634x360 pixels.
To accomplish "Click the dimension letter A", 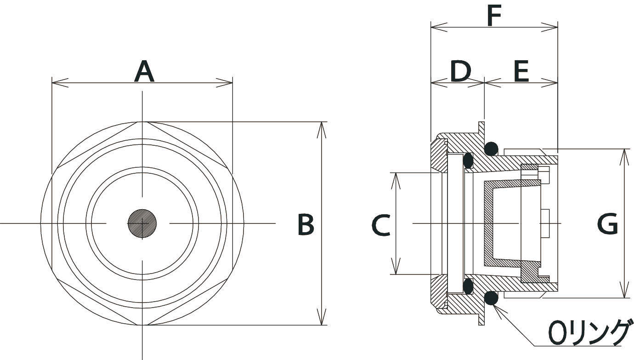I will pyautogui.click(x=144, y=72).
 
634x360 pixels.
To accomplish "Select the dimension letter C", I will pyautogui.click(x=381, y=225).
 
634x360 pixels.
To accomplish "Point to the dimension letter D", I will pyautogui.click(x=460, y=72).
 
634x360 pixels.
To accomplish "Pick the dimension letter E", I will pyautogui.click(x=520, y=72).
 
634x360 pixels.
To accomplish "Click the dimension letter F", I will pyautogui.click(x=494, y=17).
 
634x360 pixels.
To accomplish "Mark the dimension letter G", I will pyautogui.click(x=607, y=225).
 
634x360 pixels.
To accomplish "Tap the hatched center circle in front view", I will pyautogui.click(x=142, y=223).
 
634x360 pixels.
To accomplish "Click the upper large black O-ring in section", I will pyautogui.click(x=491, y=148).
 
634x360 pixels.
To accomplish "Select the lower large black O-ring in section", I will pyautogui.click(x=491, y=298).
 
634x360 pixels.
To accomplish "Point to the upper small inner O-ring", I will pyautogui.click(x=468, y=160).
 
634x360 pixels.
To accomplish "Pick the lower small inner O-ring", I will pyautogui.click(x=468, y=286).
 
